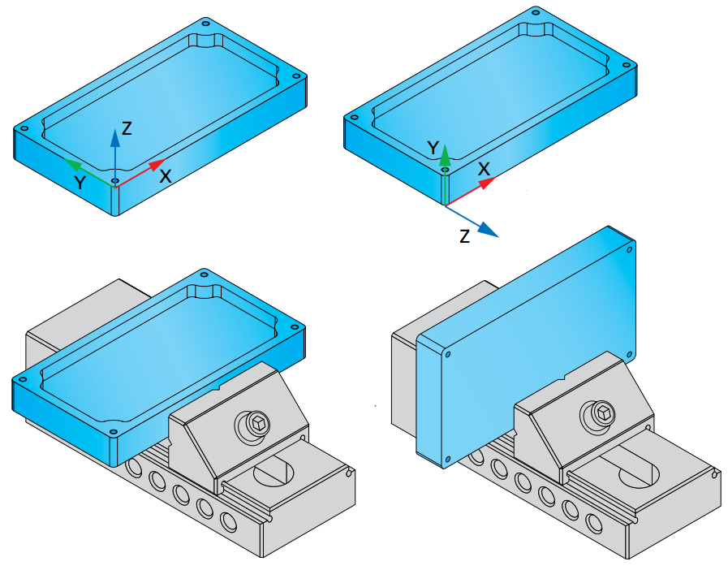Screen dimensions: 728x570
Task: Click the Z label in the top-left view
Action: coord(127,128)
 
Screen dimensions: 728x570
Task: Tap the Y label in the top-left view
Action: coord(80,183)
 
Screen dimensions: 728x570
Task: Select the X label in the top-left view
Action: coord(166,176)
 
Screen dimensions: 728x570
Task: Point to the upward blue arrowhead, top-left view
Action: coord(114,138)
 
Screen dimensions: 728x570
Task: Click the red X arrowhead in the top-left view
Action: coord(158,164)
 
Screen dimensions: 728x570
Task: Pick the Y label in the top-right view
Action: coord(433,149)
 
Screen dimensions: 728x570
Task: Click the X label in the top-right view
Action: coord(484,169)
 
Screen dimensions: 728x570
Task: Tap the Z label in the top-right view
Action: coord(464,236)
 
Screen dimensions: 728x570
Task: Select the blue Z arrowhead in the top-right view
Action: coord(488,230)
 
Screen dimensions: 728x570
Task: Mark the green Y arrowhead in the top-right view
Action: coord(446,155)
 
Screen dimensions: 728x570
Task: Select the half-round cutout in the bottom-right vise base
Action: coord(639,472)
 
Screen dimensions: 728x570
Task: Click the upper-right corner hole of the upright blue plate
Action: coord(630,249)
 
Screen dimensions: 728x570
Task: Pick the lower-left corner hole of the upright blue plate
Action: coord(447,460)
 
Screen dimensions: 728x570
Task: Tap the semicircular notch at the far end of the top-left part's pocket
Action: coord(205,41)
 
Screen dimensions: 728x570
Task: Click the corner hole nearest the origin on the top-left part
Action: coord(115,179)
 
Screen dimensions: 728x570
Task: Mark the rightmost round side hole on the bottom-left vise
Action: coord(228,521)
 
